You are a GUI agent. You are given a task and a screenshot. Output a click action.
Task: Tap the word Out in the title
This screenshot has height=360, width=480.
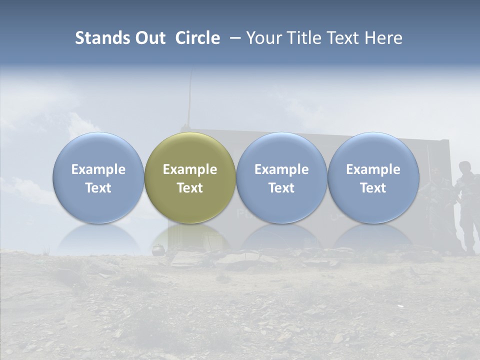pos(149,38)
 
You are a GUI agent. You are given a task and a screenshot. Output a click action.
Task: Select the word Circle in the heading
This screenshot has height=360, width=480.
pos(197,38)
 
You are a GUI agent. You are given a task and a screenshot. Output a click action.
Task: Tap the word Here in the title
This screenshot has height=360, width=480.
pos(384,38)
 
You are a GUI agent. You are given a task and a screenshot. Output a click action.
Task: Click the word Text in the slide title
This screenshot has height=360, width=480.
pos(342,38)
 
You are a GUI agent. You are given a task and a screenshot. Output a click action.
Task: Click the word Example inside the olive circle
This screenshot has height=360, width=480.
pos(190,169)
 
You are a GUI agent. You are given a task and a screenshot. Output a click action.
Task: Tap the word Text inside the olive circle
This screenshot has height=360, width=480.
pos(190,188)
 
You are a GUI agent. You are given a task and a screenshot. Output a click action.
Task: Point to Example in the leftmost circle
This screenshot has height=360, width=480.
pos(98,169)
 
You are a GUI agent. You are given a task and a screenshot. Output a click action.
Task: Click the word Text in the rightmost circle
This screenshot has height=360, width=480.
pos(373,188)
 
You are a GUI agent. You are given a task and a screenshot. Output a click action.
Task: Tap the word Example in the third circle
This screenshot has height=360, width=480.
pos(281,169)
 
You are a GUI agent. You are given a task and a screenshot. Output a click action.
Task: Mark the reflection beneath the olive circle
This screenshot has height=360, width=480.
pos(190,237)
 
